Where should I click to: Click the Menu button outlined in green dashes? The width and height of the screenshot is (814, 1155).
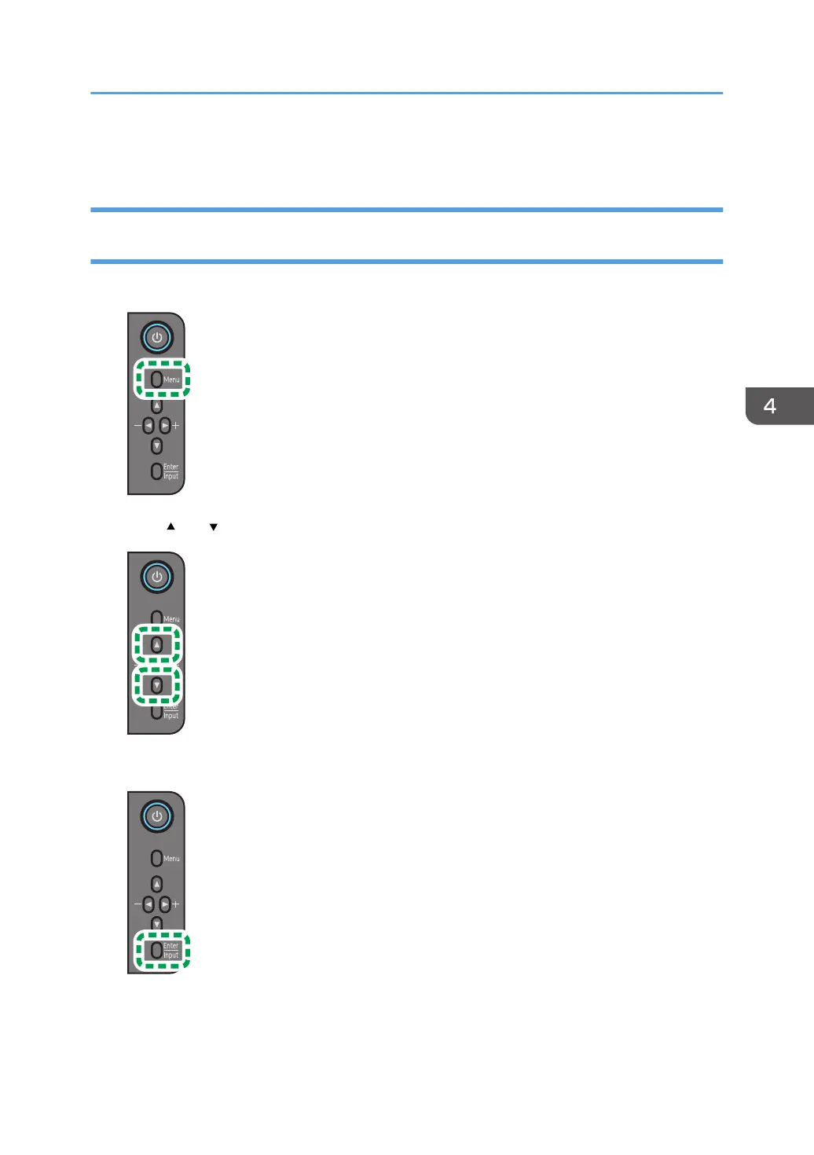[157, 379]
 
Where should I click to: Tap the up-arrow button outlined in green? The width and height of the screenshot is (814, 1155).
[157, 645]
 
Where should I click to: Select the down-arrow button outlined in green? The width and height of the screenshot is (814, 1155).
[157, 685]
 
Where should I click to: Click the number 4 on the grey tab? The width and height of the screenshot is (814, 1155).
[770, 406]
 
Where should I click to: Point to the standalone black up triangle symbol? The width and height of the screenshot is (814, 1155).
[170, 526]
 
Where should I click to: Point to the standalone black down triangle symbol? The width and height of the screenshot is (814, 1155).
[213, 527]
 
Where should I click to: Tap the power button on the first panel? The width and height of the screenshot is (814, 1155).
[157, 338]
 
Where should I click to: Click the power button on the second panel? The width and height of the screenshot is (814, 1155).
[157, 577]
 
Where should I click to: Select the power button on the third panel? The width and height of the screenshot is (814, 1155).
[157, 817]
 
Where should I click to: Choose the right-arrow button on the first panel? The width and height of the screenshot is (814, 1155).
[165, 426]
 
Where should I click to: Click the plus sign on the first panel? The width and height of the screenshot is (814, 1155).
[175, 426]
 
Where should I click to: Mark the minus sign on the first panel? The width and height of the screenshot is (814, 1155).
[138, 426]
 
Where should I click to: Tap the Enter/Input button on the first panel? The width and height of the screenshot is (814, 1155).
[157, 471]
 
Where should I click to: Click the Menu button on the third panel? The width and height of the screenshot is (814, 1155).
[157, 858]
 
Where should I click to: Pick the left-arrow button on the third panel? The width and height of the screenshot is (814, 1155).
[148, 905]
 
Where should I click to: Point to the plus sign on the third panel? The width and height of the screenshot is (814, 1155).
[175, 905]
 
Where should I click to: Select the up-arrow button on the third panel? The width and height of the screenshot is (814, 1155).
[157, 885]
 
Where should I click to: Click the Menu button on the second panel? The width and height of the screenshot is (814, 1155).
[157, 618]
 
